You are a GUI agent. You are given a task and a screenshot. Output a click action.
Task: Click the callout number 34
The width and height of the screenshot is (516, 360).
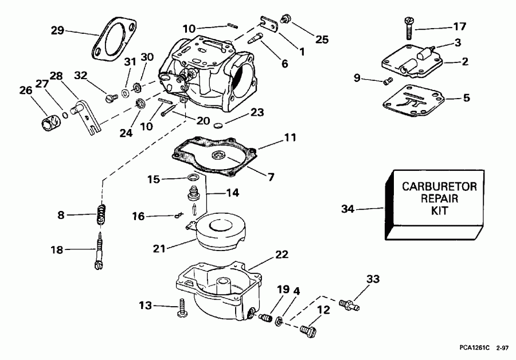click(348, 209)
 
